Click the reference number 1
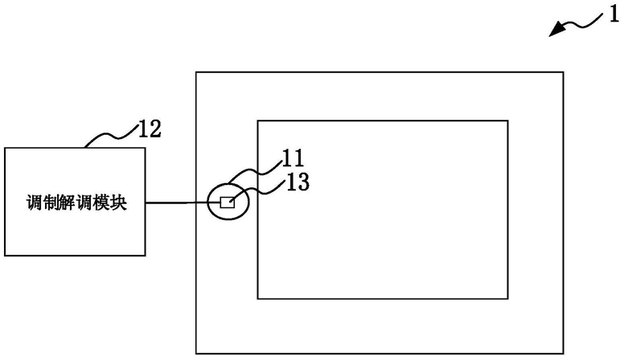point(614,15)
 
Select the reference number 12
point(150,129)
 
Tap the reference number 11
point(293,158)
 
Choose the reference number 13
point(298,182)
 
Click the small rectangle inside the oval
point(228,202)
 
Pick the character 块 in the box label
point(118,202)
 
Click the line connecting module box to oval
point(176,203)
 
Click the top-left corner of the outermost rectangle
point(196,72)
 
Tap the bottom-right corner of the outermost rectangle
point(563,353)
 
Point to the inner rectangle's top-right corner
point(507,121)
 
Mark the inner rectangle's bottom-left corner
point(258,298)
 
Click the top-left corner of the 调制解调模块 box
point(5,148)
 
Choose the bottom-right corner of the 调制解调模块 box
point(145,255)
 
